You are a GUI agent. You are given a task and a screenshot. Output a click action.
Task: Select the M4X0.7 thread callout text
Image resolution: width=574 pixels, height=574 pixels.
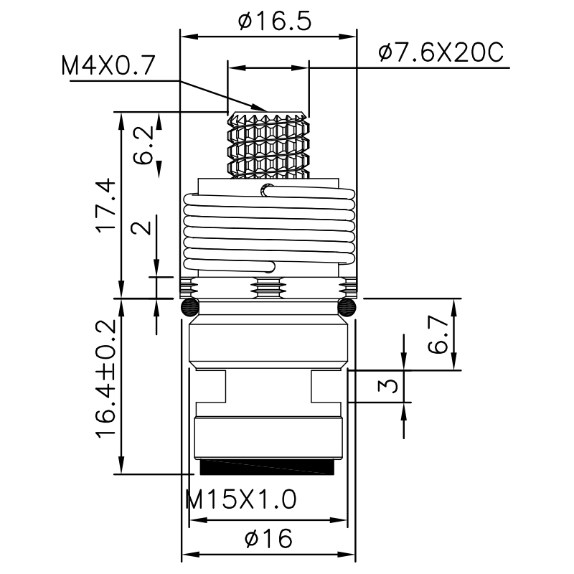point(108,66)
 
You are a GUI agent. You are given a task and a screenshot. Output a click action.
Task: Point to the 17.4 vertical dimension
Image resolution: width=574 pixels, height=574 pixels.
point(105,204)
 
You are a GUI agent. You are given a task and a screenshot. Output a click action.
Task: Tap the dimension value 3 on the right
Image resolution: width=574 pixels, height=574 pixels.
point(387,386)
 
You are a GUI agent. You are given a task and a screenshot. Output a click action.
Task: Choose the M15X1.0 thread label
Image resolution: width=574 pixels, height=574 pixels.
point(240,499)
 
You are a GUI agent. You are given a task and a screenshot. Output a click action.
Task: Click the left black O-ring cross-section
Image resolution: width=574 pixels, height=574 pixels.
point(189,308)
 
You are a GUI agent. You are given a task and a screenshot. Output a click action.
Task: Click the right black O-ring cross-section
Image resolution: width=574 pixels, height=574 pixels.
point(347,308)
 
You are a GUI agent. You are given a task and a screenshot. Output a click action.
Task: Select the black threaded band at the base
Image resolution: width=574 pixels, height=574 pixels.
point(268,467)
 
